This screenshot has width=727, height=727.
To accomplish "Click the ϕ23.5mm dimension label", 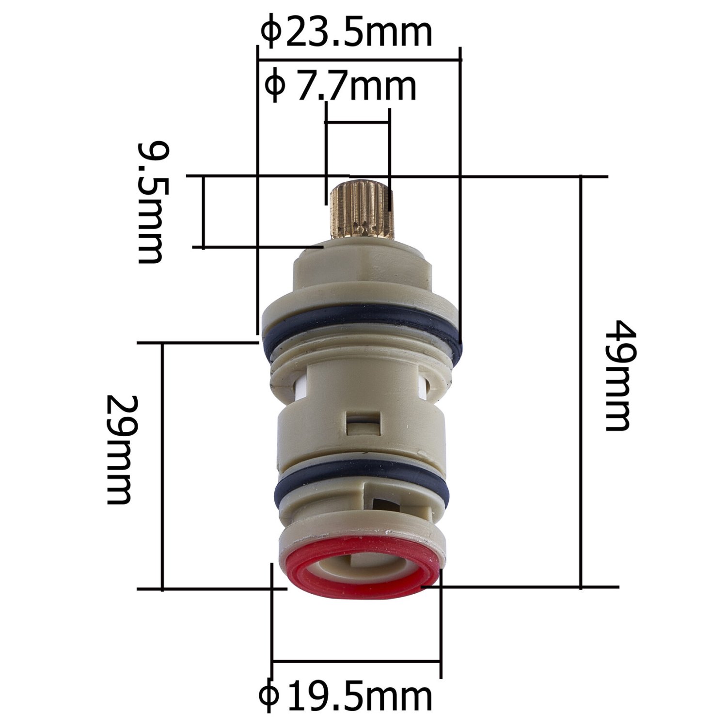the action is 347,32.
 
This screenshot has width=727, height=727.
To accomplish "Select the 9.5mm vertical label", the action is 150,203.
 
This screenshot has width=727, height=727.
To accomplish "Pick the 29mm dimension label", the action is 119,449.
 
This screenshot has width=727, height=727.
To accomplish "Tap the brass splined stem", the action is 360,209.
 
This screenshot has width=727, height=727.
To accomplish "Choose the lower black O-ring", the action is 362,485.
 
